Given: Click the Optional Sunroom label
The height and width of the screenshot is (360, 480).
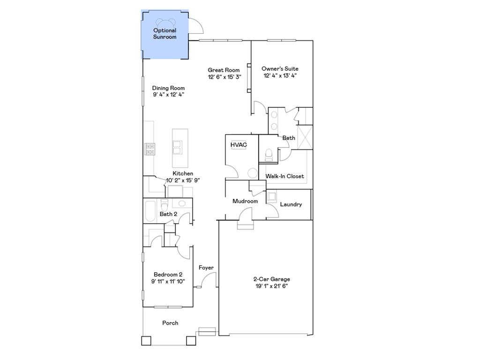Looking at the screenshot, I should [165, 34].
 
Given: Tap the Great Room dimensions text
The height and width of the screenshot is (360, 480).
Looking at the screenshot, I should [225, 77].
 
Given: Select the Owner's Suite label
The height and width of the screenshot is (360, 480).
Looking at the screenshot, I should [280, 69].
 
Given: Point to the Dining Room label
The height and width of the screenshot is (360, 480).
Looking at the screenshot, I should [168, 88].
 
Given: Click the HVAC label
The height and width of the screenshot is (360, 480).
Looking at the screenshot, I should [238, 145].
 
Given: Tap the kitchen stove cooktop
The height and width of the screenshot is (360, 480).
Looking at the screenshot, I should [150, 149].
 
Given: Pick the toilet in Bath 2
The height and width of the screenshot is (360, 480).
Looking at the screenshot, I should [165, 205].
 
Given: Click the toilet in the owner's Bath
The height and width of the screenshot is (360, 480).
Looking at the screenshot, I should [269, 154].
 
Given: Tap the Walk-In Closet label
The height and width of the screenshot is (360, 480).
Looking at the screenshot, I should [285, 176].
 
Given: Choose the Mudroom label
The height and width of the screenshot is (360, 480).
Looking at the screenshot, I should [245, 201].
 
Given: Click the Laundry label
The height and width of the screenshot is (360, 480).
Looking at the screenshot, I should [291, 204].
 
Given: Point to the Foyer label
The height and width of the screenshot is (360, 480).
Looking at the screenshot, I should [206, 268].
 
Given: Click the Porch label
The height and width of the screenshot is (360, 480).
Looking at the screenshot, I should [170, 323].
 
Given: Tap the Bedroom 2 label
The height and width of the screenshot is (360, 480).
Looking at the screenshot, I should [168, 275].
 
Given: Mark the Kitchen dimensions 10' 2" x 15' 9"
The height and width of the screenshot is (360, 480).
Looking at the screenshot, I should [183, 180].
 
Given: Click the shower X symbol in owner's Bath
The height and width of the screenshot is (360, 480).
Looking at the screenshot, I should [305, 137].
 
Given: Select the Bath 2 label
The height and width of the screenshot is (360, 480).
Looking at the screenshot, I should [168, 214].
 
